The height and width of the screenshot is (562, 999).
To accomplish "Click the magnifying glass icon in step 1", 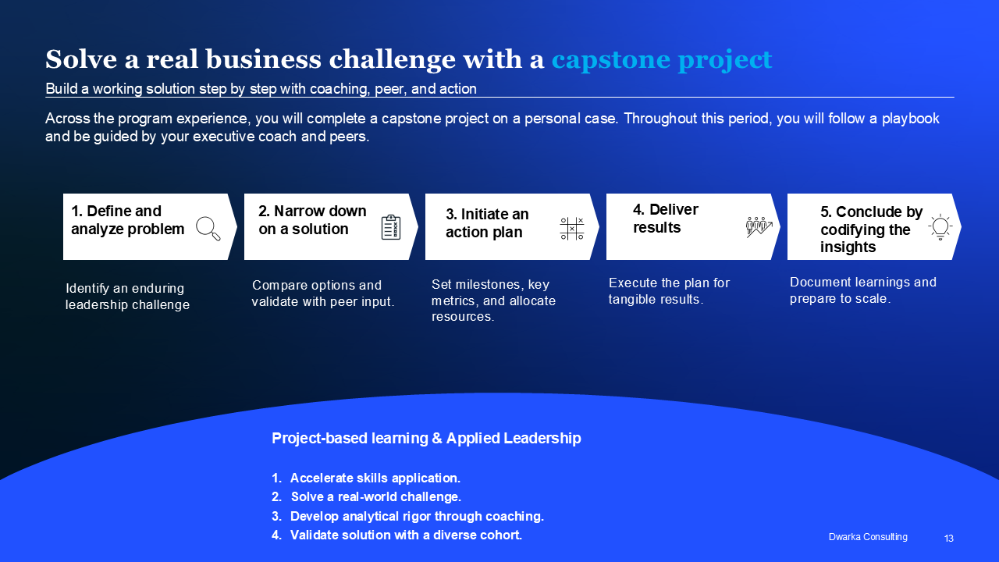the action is (x=208, y=229).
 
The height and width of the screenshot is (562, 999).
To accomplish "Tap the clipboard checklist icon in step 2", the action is (x=391, y=227).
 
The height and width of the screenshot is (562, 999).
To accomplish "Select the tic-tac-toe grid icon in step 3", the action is (x=572, y=229).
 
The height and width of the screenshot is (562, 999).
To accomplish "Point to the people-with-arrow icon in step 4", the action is (x=759, y=227).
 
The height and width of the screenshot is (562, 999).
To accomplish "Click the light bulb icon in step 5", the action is (x=940, y=226).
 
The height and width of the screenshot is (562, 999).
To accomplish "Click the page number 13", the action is (x=948, y=539).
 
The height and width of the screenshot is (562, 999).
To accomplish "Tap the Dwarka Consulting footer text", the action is (x=868, y=537).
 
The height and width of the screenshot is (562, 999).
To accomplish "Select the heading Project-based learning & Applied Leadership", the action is (x=426, y=438).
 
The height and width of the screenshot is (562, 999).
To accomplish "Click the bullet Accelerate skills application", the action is (x=375, y=478).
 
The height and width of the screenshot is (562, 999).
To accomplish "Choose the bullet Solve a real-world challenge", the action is (x=376, y=497).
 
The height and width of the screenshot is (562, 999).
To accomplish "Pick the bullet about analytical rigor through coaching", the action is (x=417, y=516).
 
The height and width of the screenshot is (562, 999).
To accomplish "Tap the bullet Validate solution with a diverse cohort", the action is (x=406, y=535).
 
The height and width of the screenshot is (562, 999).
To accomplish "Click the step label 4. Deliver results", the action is (x=666, y=218).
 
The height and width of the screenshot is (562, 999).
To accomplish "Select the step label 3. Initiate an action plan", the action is (x=487, y=223).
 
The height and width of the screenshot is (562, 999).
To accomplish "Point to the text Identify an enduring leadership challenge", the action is (x=127, y=296).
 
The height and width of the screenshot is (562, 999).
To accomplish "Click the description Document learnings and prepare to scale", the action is (x=863, y=290).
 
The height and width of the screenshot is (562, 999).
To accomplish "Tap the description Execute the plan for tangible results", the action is (x=669, y=291).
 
